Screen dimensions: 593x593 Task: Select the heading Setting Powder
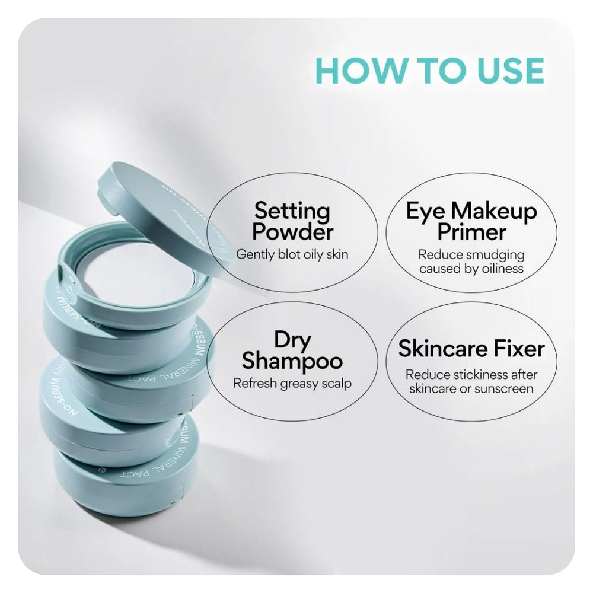click(292, 221)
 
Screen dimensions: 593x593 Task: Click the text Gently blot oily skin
click(292, 254)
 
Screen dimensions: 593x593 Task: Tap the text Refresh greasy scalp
click(292, 383)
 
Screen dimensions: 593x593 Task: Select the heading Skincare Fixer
click(471, 349)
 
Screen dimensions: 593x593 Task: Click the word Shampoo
click(292, 361)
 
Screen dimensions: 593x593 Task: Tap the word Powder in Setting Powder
click(292, 232)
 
